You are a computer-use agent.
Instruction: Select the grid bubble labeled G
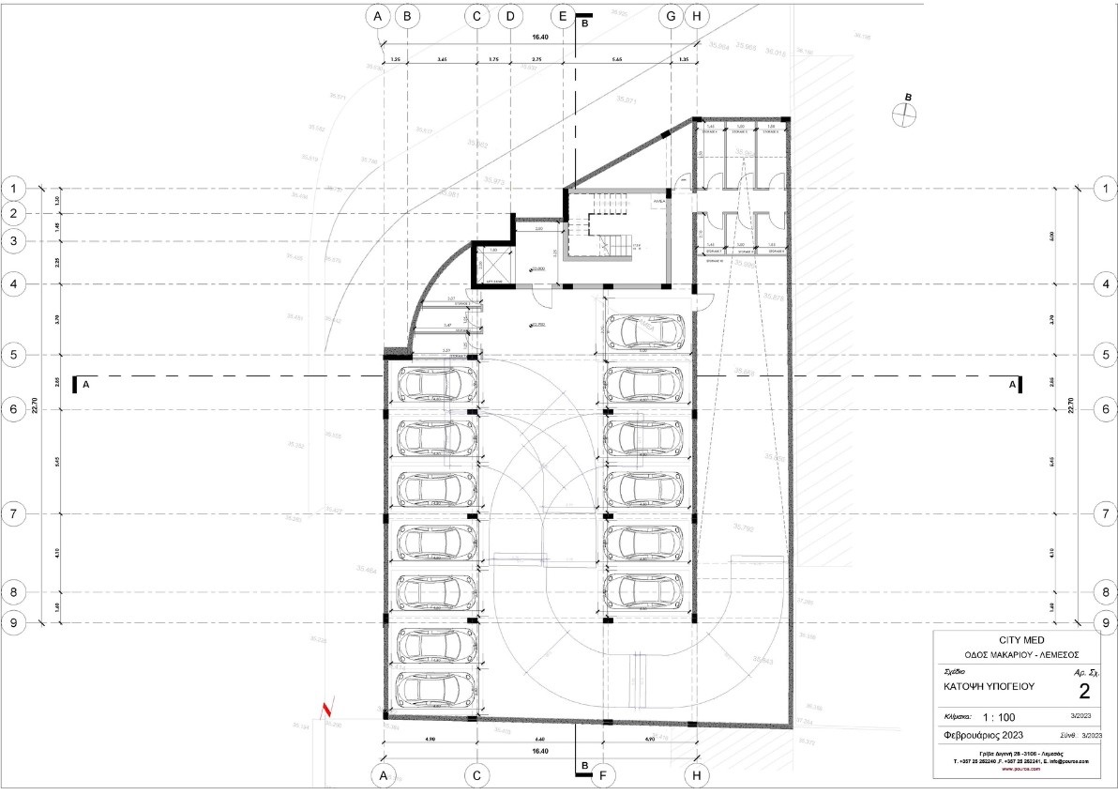(672, 16)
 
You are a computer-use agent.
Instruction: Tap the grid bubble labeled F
(605, 776)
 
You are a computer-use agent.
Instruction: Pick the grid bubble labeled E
(563, 16)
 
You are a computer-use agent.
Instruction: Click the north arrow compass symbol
(904, 114)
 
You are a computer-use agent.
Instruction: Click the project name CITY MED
(1021, 638)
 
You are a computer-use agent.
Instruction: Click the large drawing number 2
(1084, 693)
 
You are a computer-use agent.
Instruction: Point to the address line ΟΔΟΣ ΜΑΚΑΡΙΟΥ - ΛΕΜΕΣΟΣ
(1021, 654)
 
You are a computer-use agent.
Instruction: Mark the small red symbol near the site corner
(326, 710)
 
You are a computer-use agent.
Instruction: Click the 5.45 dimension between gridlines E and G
(616, 59)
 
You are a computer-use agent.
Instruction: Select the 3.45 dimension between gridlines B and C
(442, 59)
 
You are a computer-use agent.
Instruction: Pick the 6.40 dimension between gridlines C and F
(541, 741)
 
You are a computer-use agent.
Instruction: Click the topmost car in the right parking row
(645, 330)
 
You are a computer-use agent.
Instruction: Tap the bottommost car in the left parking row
(437, 688)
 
